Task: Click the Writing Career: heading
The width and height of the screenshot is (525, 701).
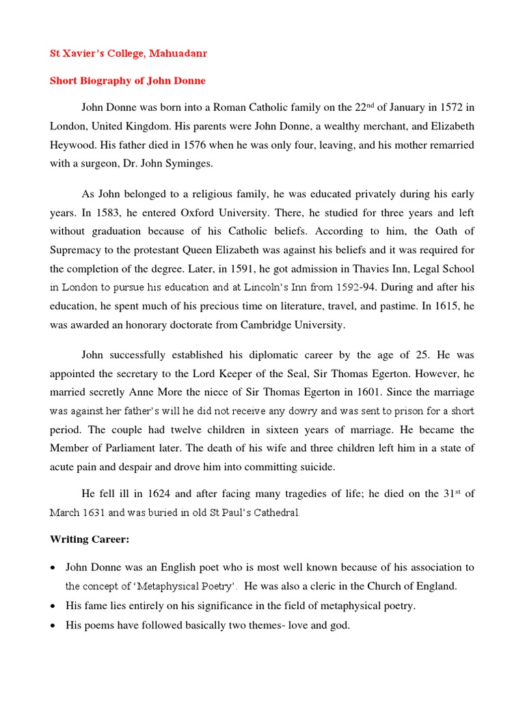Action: click(x=89, y=539)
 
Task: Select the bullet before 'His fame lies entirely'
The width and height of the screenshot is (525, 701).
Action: click(x=54, y=606)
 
